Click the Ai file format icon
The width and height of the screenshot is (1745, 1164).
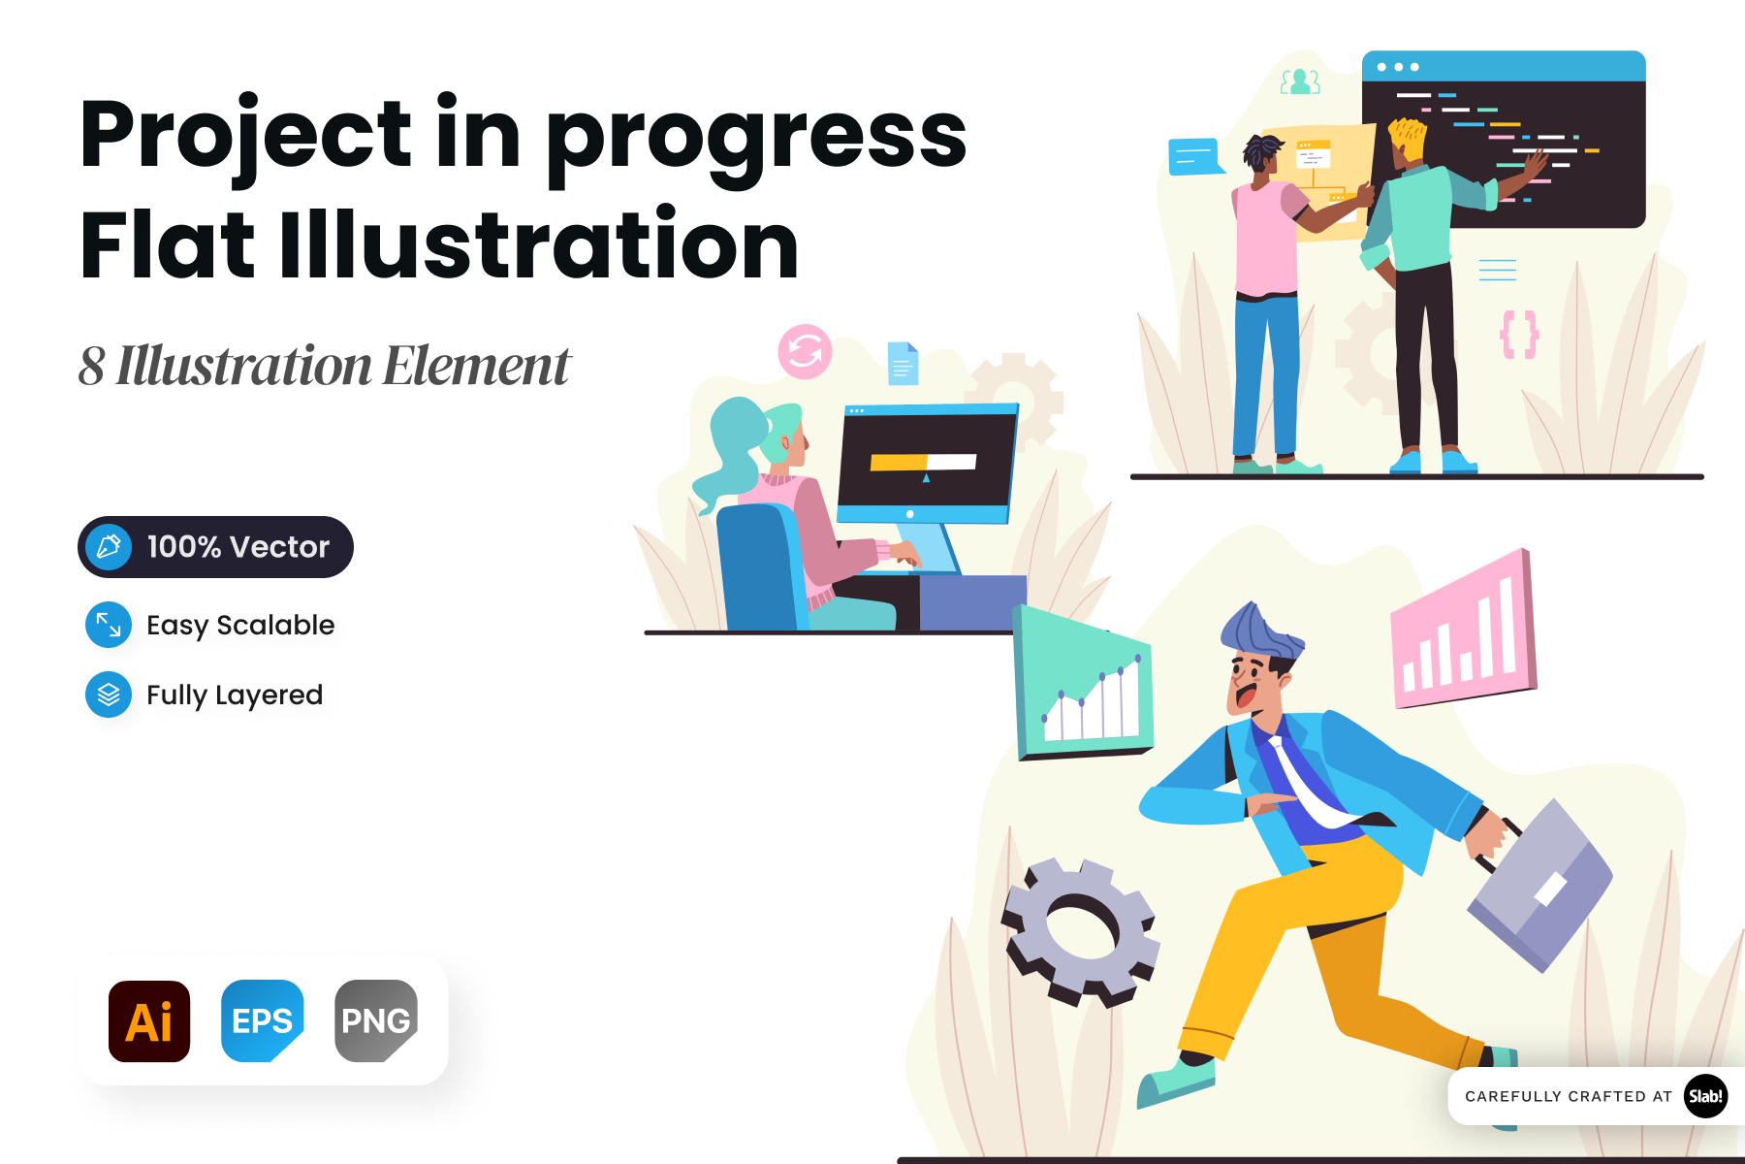click(x=149, y=1020)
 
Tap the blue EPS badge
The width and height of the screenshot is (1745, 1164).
click(x=263, y=1020)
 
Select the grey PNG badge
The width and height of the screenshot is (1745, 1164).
click(x=376, y=1020)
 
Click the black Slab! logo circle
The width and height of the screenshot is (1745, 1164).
click(x=1705, y=1096)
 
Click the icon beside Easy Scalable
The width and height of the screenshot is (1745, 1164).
click(x=109, y=625)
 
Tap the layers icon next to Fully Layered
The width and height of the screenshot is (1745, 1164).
click(x=109, y=695)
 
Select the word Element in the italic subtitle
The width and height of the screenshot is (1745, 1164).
click(x=477, y=366)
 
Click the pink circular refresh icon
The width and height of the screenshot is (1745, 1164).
click(x=805, y=351)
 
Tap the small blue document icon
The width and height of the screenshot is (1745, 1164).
click(x=903, y=364)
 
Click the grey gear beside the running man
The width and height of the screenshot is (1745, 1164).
click(x=1081, y=931)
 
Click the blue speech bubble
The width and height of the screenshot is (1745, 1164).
click(x=1194, y=156)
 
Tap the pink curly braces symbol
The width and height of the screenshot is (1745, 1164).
click(x=1519, y=335)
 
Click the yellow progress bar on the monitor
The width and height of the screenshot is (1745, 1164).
click(x=900, y=463)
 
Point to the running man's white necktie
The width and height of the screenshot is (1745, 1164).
click(x=1305, y=782)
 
